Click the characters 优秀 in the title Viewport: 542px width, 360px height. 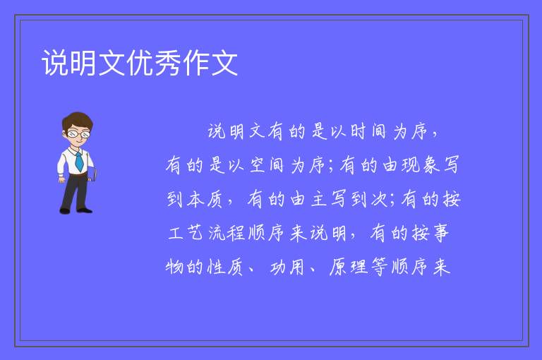[x=154, y=63]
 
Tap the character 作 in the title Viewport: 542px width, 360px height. [x=196, y=63]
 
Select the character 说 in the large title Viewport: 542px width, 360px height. [x=55, y=63]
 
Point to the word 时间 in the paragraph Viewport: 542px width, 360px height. [x=368, y=131]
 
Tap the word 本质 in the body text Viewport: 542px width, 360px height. [x=205, y=199]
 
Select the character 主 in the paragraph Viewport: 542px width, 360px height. [x=318, y=199]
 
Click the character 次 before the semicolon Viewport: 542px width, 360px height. [x=380, y=199]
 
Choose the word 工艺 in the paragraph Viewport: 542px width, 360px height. [x=186, y=233]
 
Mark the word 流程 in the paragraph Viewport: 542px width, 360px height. [x=227, y=233]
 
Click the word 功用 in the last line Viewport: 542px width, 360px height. [x=287, y=267]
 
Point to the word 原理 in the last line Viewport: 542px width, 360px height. [x=349, y=267]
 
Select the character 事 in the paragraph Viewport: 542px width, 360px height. [x=440, y=233]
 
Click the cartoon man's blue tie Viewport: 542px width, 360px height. [x=79, y=161]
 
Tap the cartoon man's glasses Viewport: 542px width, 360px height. [x=79, y=133]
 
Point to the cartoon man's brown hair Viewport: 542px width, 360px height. [x=78, y=120]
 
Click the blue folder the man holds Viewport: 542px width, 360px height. [x=92, y=174]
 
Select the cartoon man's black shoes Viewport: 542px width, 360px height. [x=76, y=210]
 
